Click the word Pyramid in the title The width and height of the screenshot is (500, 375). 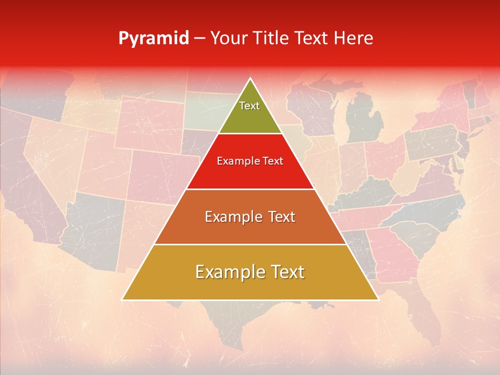(x=153, y=39)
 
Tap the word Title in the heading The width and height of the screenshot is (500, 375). (x=271, y=39)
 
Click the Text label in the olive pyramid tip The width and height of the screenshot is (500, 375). (x=249, y=106)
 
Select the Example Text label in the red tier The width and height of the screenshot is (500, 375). (x=250, y=161)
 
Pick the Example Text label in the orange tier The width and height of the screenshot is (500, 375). (x=250, y=217)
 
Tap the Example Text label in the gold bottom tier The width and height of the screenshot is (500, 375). (x=250, y=272)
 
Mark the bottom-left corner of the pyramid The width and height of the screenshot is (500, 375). (x=122, y=300)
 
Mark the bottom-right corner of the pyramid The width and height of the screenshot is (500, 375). (x=379, y=300)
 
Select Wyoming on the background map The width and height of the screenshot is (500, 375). (x=151, y=125)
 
